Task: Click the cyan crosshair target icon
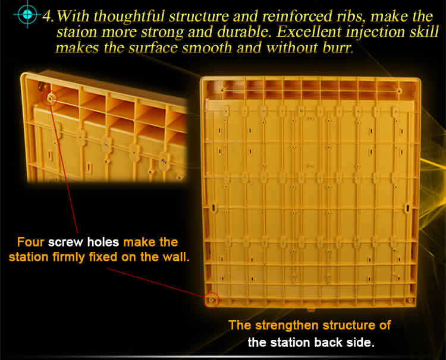(x=27, y=14)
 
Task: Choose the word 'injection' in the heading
(x=375, y=33)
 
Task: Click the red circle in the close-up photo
(x=49, y=98)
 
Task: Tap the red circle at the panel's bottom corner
(x=211, y=300)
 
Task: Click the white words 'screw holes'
(x=83, y=242)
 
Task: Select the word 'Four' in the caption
(x=30, y=242)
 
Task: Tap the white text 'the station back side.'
(x=310, y=343)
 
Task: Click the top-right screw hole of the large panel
(x=399, y=91)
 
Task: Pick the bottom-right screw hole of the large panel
(x=410, y=301)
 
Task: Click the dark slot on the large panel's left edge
(x=213, y=207)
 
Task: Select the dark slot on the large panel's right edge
(x=407, y=208)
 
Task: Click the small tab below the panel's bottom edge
(x=310, y=309)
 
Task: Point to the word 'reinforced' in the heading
(x=297, y=16)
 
